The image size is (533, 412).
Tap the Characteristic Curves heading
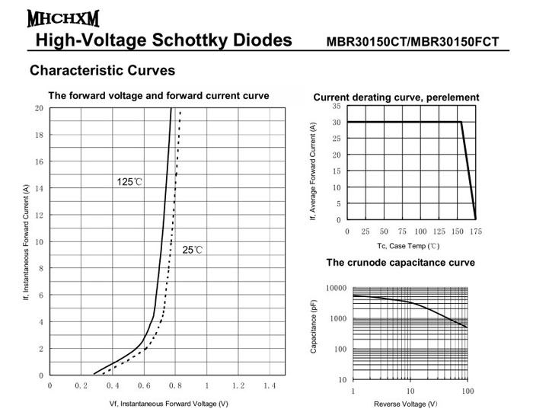(x=102, y=71)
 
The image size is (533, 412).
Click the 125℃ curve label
(x=129, y=182)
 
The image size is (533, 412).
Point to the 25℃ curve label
(x=193, y=250)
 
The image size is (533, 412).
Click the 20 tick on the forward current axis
(x=39, y=108)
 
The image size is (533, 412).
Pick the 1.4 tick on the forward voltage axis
(x=269, y=387)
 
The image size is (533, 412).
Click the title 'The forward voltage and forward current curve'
(x=158, y=96)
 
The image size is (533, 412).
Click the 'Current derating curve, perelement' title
(x=396, y=97)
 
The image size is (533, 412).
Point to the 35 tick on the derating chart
(x=337, y=107)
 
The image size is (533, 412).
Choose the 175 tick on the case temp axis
(x=476, y=231)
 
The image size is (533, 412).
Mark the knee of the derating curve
(x=461, y=122)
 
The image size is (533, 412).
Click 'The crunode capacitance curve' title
(x=401, y=263)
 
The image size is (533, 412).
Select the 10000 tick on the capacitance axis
(x=336, y=289)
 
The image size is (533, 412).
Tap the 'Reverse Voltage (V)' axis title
(x=410, y=404)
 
